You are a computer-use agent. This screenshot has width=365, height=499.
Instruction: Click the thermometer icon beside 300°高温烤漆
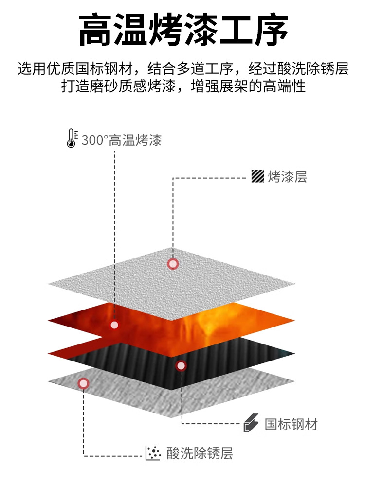(72, 138)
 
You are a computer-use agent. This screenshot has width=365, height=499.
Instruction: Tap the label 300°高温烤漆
(122, 140)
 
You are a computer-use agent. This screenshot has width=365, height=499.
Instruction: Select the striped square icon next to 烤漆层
(257, 176)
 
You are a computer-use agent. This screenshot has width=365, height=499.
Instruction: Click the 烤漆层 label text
(287, 177)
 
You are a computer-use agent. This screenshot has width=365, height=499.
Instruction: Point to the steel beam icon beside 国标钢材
(252, 423)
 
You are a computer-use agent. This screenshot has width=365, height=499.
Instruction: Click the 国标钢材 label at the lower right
(291, 425)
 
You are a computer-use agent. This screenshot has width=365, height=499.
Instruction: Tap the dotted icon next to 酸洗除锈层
(153, 453)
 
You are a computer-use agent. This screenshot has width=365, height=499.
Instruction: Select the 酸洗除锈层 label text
(200, 453)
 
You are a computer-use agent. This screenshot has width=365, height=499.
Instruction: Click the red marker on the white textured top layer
(173, 264)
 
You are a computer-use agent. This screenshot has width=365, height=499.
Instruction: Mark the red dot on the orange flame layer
(114, 325)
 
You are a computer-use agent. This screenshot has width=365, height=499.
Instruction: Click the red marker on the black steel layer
(181, 366)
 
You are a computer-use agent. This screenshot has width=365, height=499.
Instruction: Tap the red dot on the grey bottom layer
(84, 384)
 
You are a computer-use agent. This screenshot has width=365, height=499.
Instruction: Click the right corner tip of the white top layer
(294, 284)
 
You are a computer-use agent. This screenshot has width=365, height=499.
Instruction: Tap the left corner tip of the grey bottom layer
(49, 380)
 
